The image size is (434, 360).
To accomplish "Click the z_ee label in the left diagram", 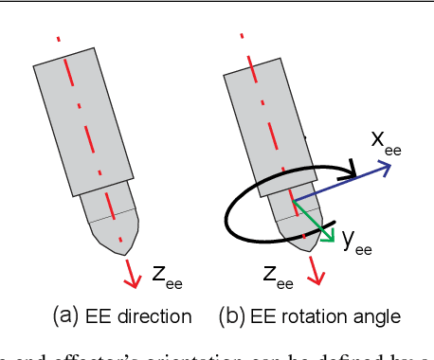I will pyautogui.click(x=167, y=276).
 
